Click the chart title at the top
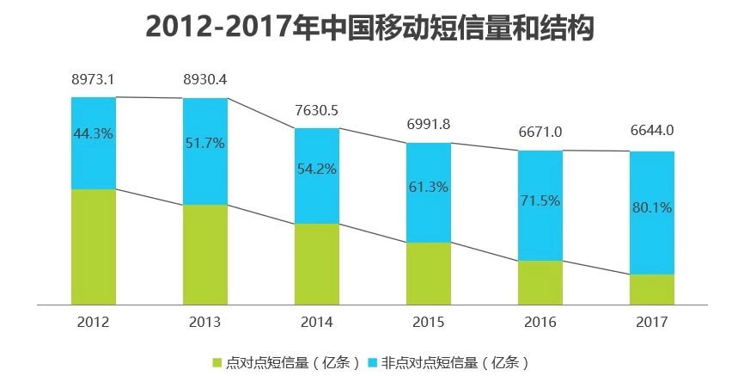(370, 28)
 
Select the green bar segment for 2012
(93, 246)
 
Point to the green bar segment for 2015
(429, 273)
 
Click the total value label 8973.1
(93, 80)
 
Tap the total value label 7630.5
(317, 110)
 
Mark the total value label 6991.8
(429, 125)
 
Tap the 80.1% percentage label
(652, 207)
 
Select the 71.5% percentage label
(540, 200)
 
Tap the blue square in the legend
(373, 361)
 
